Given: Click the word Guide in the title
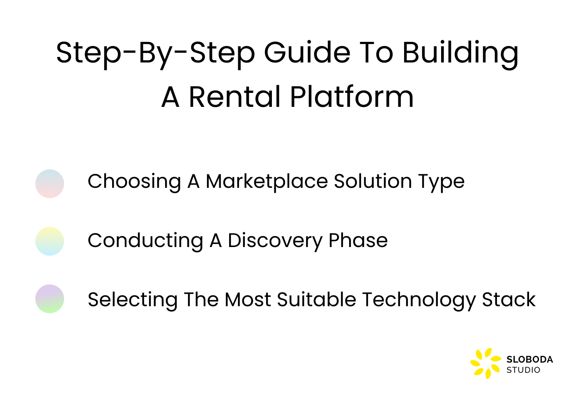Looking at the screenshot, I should pos(307,53).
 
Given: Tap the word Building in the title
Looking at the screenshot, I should pos(460,53).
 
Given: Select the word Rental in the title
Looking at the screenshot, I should pos(235,97).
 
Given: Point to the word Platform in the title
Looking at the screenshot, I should pos(352,97).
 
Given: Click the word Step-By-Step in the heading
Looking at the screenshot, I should pos(155,53).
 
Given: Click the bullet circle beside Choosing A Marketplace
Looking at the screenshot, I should pos(50,184).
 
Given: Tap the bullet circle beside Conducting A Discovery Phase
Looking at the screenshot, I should pos(50,241).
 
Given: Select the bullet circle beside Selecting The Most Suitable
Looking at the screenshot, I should pos(50,299).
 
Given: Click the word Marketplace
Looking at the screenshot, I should pos(267,181).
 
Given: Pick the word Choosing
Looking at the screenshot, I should pos(134,181).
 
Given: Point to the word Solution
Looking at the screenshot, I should pos(373,181).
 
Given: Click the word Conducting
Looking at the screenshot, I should pos(145,240).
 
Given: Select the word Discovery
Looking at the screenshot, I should pos(275,240).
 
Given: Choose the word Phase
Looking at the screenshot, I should pos(358,240).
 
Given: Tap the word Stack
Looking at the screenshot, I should pos(508,300).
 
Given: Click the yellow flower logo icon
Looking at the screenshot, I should pos(485,363).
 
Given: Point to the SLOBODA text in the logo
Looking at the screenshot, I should pos(529,360).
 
